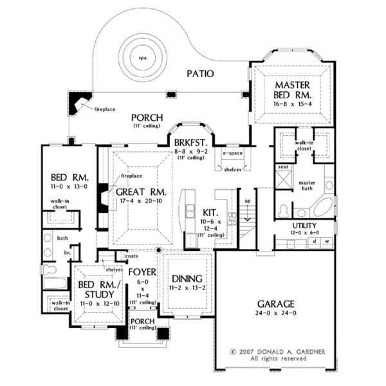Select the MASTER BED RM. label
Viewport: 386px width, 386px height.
(293, 90)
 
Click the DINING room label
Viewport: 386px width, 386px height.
(187, 279)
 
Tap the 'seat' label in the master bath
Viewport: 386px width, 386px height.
(282, 167)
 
